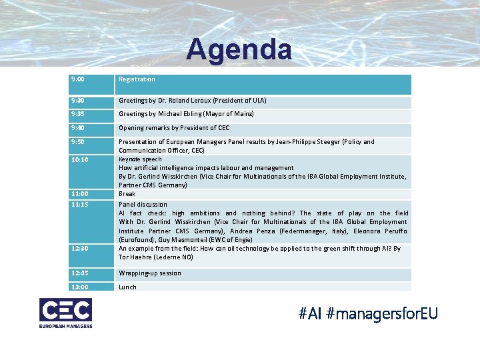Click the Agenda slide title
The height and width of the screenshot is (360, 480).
(239, 50)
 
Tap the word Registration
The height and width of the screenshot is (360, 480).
(137, 79)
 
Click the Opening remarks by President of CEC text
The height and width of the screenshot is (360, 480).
(174, 128)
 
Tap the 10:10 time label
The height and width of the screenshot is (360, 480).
(80, 160)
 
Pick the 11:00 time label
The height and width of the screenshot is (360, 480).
(80, 193)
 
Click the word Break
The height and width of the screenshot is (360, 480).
(127, 194)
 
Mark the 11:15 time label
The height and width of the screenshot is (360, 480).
(80, 204)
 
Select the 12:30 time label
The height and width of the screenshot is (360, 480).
(80, 249)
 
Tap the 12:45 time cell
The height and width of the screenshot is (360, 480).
(80, 273)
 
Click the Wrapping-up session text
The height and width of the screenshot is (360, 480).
(150, 273)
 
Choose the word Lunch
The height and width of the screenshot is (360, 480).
(127, 287)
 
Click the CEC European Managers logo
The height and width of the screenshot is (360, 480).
(65, 313)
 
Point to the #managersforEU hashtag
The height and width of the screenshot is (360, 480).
(382, 313)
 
